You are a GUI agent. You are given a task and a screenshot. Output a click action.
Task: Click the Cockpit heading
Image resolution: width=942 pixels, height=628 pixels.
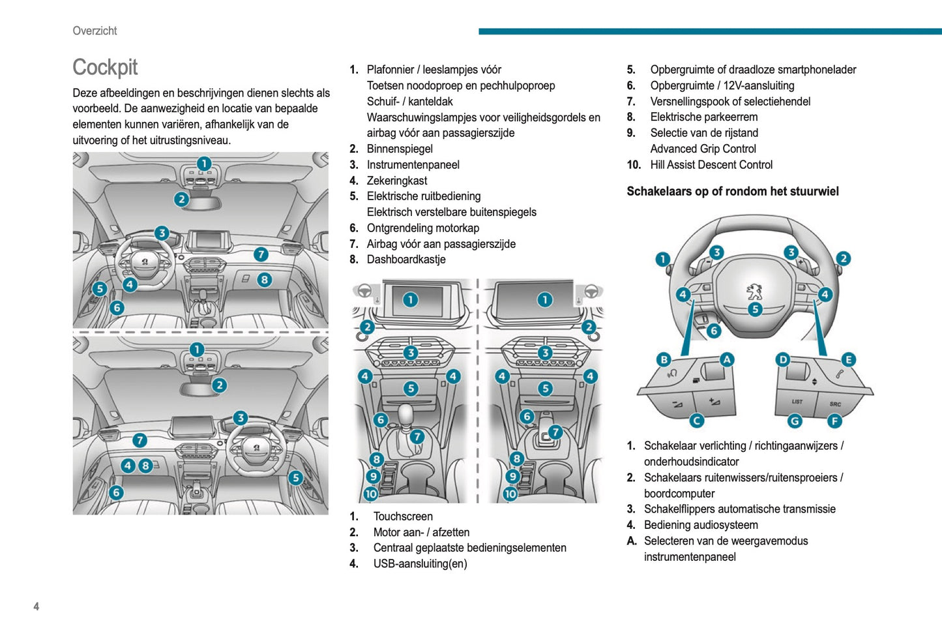[x=105, y=67]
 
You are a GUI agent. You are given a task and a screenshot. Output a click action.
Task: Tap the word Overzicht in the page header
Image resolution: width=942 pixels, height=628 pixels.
[x=95, y=31]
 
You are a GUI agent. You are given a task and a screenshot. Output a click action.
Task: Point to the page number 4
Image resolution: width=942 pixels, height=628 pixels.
[x=37, y=606]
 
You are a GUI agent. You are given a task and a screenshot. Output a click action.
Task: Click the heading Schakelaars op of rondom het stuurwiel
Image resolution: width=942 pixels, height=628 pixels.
[x=732, y=191]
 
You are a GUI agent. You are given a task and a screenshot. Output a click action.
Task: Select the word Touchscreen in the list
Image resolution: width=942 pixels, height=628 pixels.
[x=402, y=516]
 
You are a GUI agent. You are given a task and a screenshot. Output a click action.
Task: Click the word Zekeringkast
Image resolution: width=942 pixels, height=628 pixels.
[x=396, y=181]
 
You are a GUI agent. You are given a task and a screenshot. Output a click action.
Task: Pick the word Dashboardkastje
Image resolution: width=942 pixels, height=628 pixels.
[x=405, y=260]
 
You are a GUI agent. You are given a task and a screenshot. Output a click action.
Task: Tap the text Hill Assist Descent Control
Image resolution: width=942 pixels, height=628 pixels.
[x=711, y=165]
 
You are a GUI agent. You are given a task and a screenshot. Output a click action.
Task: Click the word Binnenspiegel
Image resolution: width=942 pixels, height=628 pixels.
[x=399, y=149]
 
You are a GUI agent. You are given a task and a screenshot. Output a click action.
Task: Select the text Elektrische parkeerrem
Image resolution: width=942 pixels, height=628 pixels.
[x=703, y=117]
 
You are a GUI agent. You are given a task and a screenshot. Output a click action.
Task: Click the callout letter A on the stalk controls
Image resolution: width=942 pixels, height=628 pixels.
[x=726, y=359]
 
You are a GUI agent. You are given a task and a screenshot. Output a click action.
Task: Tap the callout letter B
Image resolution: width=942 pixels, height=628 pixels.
[x=664, y=359]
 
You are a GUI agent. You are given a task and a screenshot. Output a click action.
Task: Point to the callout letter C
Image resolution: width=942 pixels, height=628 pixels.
[x=696, y=421]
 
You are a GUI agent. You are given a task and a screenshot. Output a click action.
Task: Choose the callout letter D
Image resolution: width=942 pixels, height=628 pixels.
[x=783, y=359]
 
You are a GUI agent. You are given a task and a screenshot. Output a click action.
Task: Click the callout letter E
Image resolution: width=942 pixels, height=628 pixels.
[x=848, y=359]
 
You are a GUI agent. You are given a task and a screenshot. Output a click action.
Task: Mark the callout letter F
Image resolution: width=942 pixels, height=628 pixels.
[x=834, y=421]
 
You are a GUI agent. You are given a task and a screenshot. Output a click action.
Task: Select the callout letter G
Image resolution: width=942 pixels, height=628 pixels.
[x=795, y=421]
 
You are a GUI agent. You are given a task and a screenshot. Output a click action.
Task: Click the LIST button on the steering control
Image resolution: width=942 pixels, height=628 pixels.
[x=797, y=402]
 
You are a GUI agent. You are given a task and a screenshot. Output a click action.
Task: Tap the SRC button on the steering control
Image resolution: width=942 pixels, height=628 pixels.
[x=835, y=404]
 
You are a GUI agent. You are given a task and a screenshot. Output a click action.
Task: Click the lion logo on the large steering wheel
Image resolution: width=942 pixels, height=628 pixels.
[x=754, y=291]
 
